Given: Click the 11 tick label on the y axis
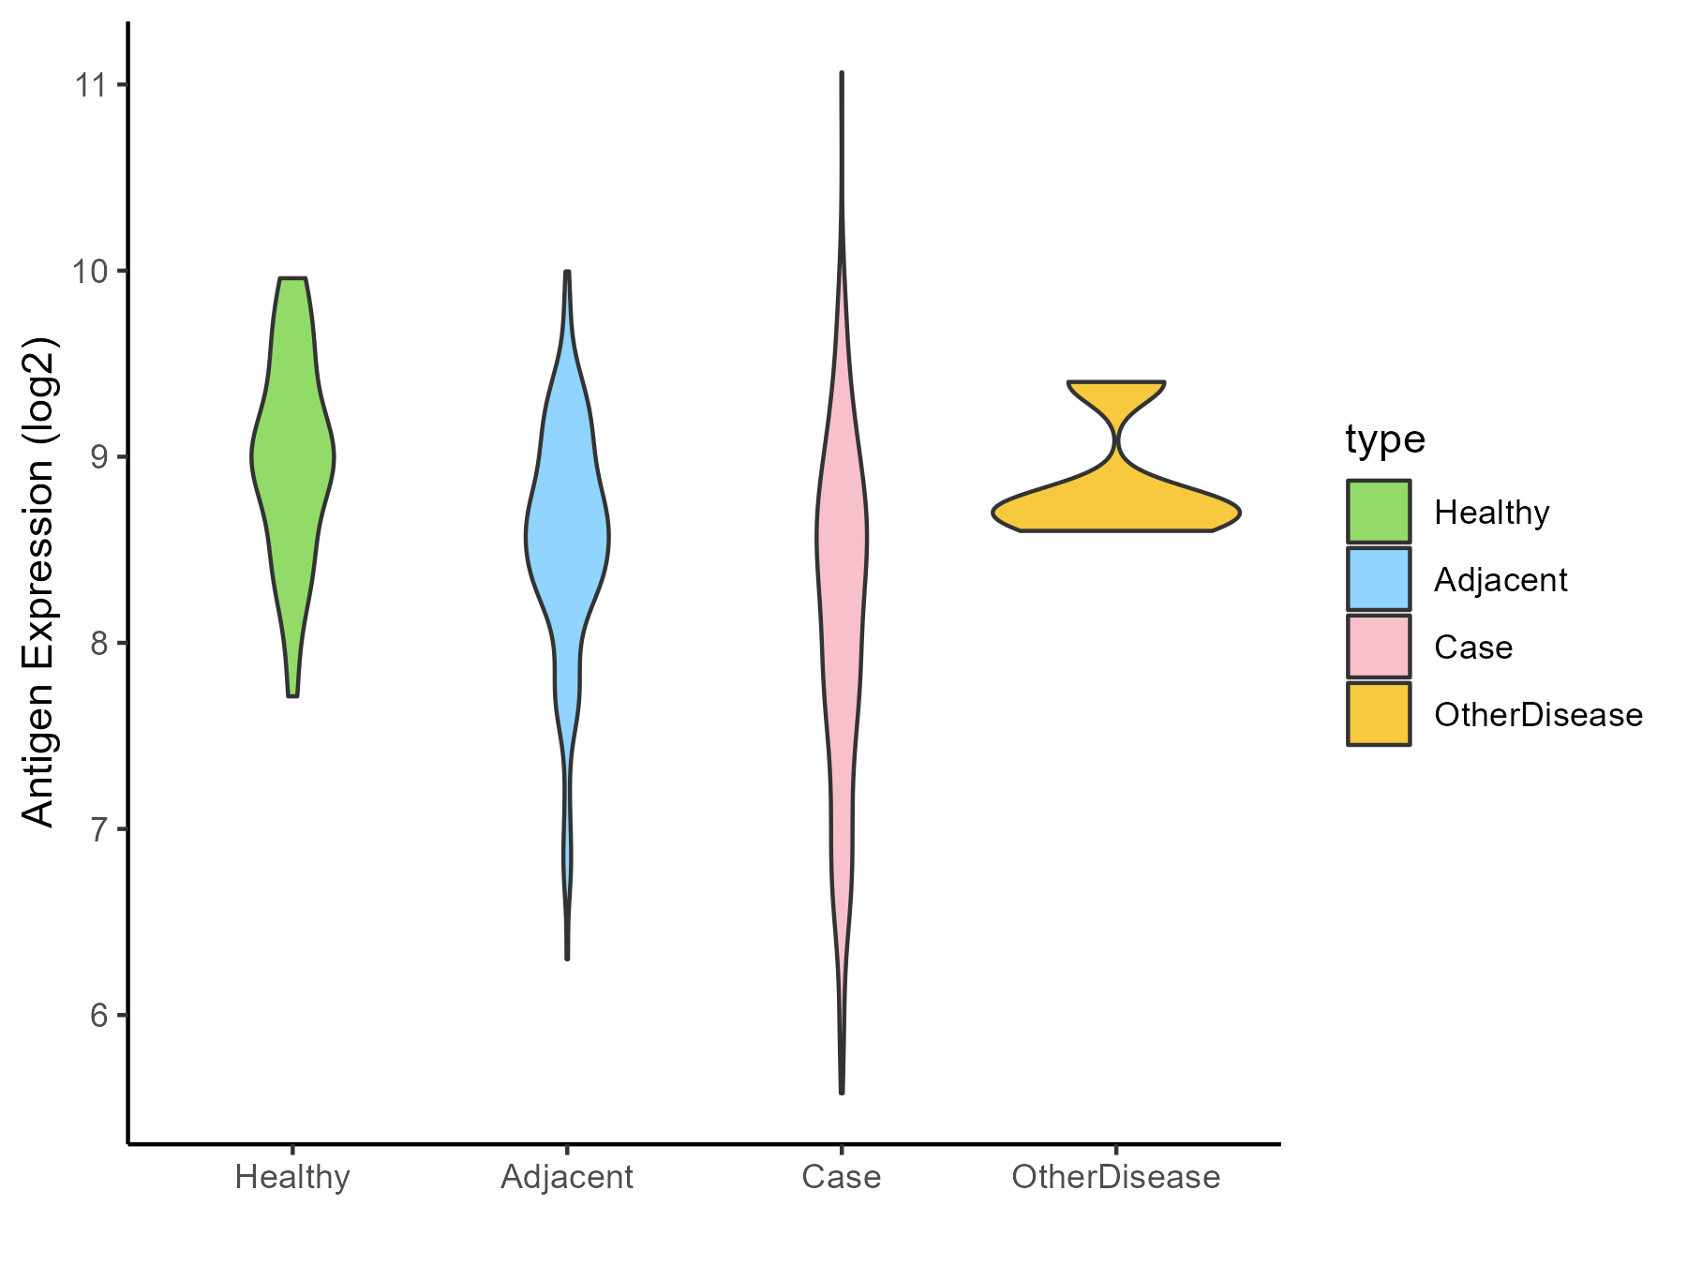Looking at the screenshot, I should coord(90,85).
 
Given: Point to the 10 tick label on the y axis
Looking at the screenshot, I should coord(90,271).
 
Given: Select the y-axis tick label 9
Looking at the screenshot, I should coord(97,457).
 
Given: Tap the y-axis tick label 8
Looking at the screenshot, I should coord(97,643).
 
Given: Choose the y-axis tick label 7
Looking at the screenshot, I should coord(97,829).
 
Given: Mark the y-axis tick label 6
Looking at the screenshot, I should coord(97,1015).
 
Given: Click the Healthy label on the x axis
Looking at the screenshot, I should coord(292,1177).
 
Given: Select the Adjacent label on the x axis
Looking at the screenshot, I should coord(567,1177).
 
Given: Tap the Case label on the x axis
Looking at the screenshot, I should coord(842,1177).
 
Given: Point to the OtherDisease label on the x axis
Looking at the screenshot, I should coord(1116,1177).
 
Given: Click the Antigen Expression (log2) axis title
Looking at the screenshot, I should coord(39,581).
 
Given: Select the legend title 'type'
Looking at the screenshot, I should coord(1385,439).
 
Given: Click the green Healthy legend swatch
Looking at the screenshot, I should coord(1379,512).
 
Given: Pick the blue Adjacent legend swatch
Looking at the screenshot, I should coord(1379,579).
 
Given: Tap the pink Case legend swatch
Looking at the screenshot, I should coord(1379,647).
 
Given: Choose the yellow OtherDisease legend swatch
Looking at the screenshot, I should coord(1379,714).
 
